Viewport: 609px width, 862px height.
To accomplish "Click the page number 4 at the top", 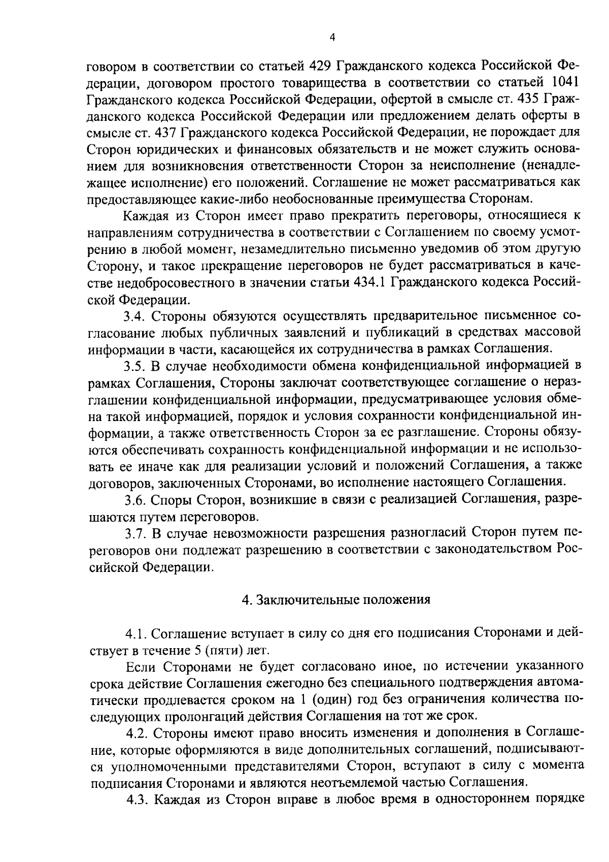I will click(x=332, y=37).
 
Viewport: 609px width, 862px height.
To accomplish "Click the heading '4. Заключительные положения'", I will click(x=336, y=599).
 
